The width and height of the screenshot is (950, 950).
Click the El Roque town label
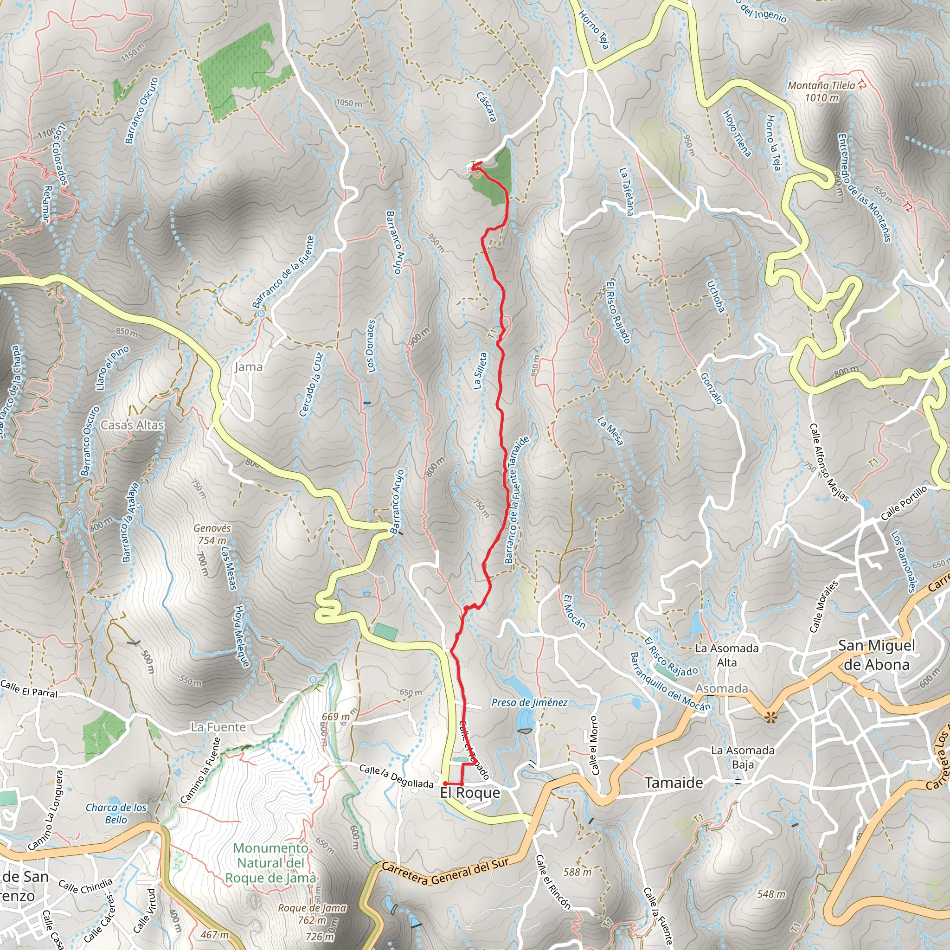pos(469,793)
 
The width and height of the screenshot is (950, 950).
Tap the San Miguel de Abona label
pos(877,655)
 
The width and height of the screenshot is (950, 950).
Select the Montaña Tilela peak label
pos(821,91)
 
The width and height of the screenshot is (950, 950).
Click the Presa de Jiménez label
pos(529,703)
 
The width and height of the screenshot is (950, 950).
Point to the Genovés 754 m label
pos(212,534)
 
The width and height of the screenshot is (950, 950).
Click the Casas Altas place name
pos(132,425)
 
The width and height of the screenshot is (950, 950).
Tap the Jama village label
pos(248,367)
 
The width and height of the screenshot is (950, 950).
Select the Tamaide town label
pos(674,783)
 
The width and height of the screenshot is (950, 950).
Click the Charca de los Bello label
pos(116,813)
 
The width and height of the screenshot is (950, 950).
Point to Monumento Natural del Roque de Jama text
pos(270,863)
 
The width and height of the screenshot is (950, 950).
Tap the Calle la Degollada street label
pos(396,776)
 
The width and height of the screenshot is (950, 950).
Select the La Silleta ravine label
pos(480,371)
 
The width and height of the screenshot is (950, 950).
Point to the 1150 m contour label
pos(133,52)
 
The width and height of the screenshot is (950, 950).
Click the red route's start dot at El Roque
pos(444,783)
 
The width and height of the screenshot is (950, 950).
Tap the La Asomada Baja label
pos(743,757)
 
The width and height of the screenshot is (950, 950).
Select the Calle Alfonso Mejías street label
pos(829,462)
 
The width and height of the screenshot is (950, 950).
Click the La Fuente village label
pos(218,727)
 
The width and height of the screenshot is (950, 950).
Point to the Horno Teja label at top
pos(593,30)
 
